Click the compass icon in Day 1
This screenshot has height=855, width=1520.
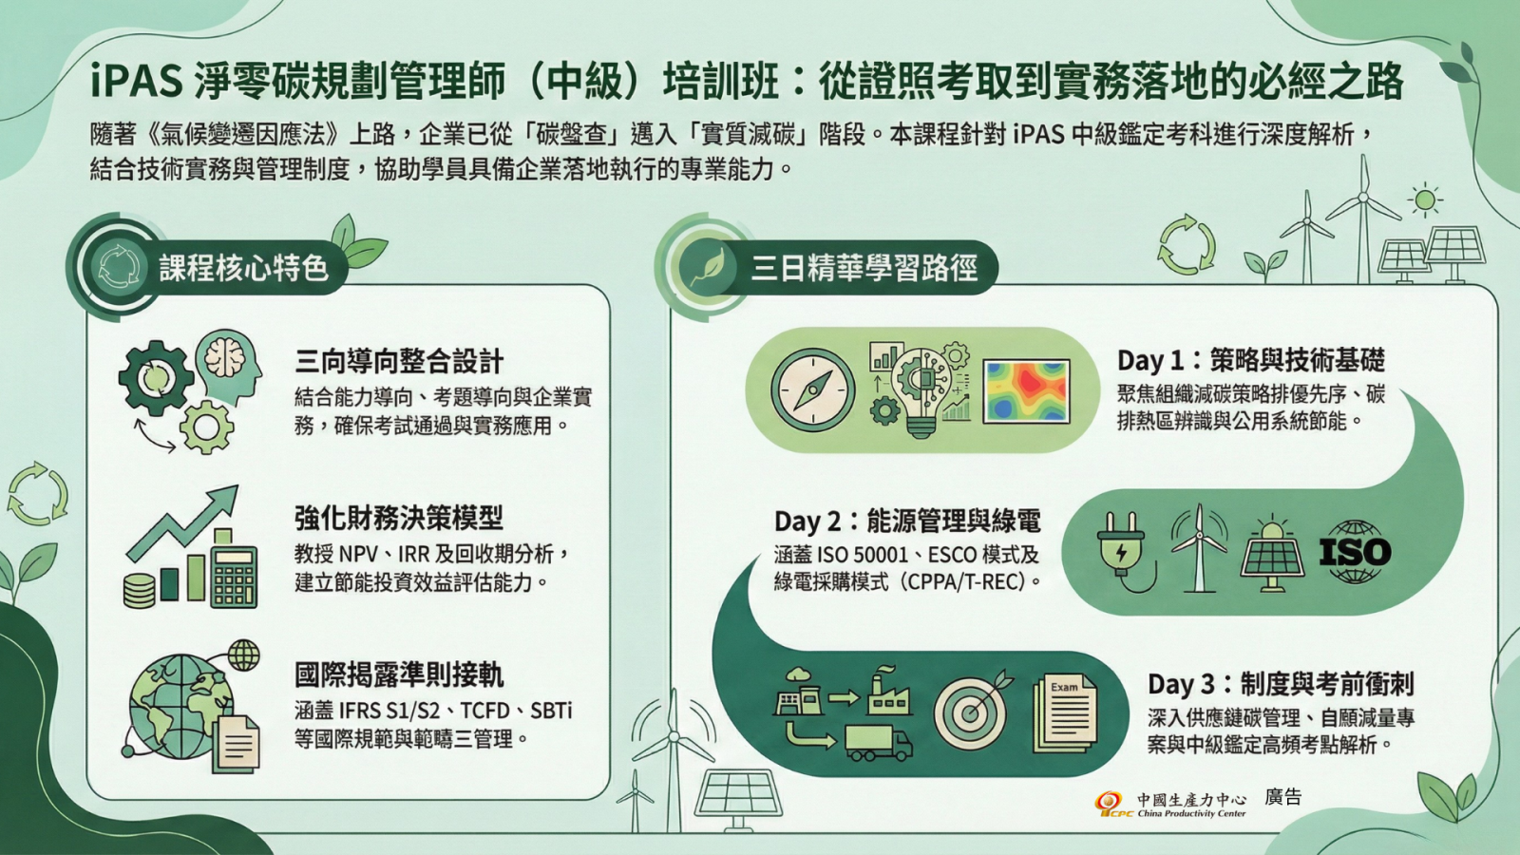click(813, 390)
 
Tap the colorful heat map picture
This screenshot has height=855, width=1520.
click(1027, 391)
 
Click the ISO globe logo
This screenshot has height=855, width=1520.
click(1355, 552)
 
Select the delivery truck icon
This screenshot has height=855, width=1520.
click(879, 742)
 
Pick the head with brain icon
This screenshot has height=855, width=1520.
click(228, 367)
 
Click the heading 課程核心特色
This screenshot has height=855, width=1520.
click(243, 268)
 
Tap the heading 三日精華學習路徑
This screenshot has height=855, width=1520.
click(864, 268)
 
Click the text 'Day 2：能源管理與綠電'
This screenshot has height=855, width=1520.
click(907, 522)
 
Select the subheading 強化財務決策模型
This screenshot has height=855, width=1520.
click(399, 519)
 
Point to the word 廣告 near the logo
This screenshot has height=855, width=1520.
click(1283, 797)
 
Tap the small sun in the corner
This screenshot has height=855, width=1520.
click(1425, 200)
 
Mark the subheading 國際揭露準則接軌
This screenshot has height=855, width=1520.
click(399, 675)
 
